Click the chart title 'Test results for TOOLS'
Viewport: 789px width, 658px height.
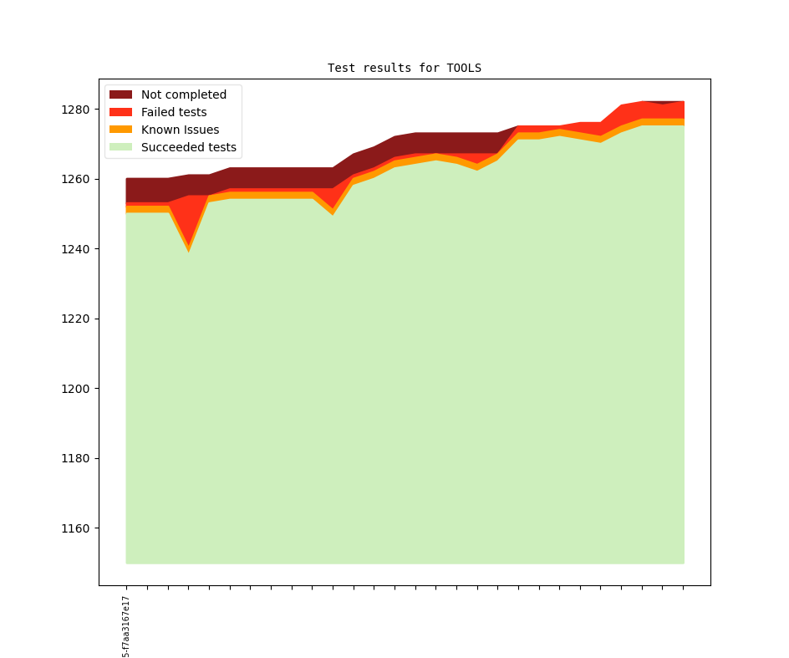(405, 68)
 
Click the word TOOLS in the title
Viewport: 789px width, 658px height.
(464, 68)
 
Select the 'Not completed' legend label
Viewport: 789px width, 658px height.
(183, 94)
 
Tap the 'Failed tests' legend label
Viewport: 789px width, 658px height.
(174, 112)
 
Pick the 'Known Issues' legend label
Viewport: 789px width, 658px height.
(180, 130)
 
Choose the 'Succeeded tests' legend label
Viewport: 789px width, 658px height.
(188, 147)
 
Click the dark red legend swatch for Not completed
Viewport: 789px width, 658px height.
(121, 94)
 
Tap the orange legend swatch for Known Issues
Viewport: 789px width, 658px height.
(121, 130)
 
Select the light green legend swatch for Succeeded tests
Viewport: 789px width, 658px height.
(121, 147)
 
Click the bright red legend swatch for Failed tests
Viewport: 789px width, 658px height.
(121, 112)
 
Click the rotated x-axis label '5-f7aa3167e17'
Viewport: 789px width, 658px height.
(126, 626)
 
